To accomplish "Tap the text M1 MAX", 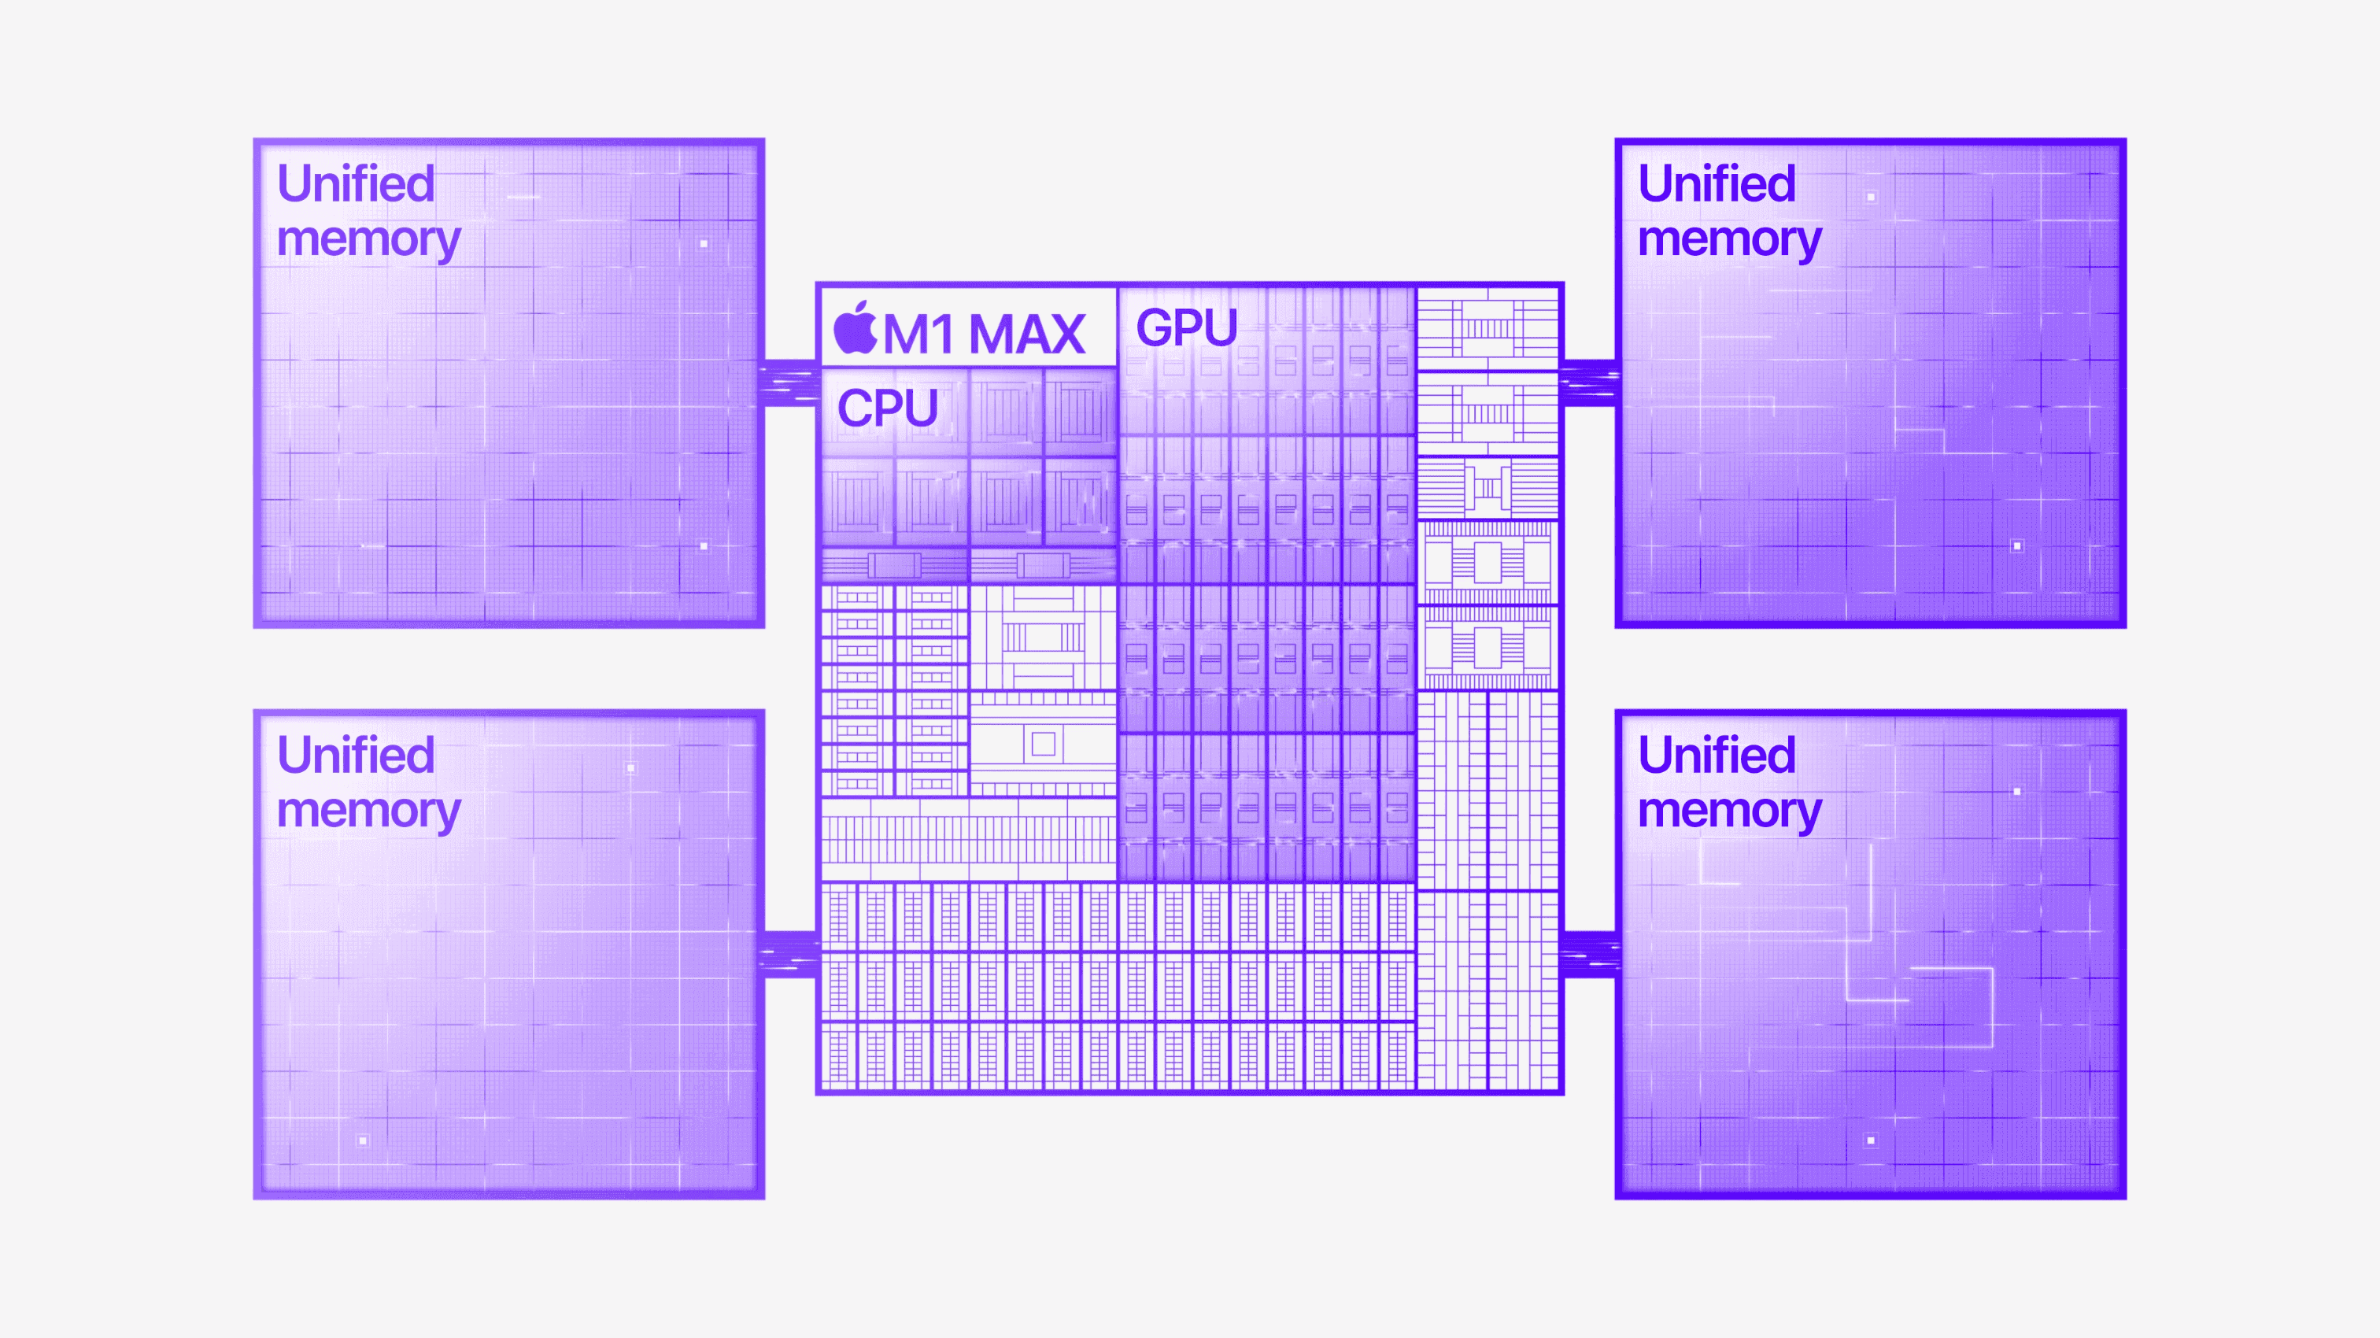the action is tap(984, 334).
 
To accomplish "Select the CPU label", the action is tap(887, 408).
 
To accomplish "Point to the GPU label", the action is tap(1186, 327).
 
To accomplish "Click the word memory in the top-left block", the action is tap(368, 240).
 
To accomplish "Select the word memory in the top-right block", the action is tap(1730, 240).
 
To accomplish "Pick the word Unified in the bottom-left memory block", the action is tap(356, 754).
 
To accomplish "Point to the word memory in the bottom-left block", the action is tap(368, 811).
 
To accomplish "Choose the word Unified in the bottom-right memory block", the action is tap(1717, 754).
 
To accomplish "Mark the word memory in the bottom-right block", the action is tap(1730, 811).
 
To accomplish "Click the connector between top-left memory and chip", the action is tap(790, 383).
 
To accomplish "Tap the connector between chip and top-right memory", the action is tap(1589, 383).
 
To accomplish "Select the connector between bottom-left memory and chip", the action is tap(790, 954).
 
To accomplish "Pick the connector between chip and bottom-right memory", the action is tap(1589, 954).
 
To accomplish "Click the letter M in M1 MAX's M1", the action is tap(905, 334).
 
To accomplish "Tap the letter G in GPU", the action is tap(1154, 327).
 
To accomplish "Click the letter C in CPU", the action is tap(856, 408).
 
